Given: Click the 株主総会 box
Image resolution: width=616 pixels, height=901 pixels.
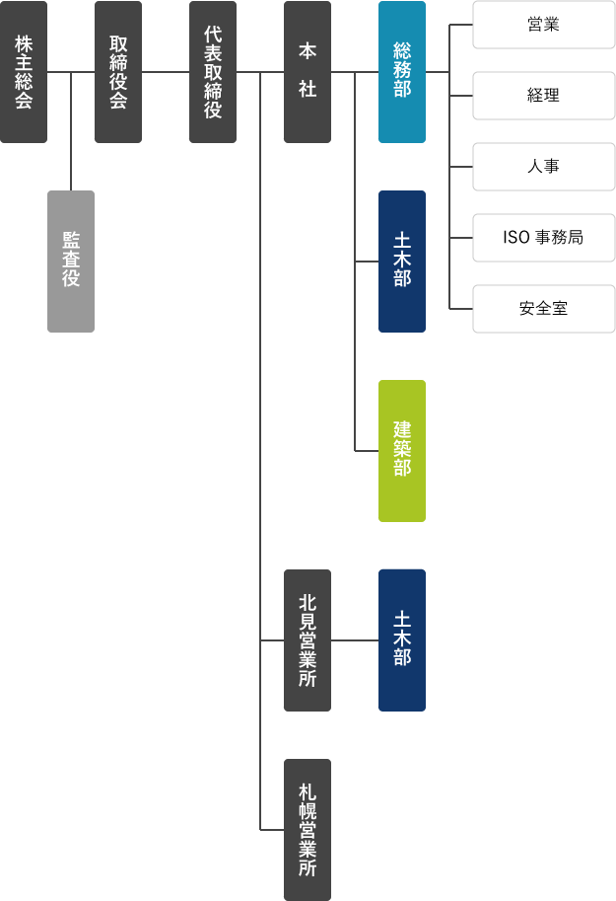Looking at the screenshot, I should coord(24,72).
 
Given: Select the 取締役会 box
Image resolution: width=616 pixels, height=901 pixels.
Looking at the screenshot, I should coord(118,72).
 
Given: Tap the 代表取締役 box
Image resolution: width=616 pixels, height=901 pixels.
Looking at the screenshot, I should coord(213,72).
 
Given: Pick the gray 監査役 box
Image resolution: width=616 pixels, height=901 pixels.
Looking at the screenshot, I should coord(71,262).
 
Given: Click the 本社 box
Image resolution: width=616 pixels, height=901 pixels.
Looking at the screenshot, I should coord(308,72).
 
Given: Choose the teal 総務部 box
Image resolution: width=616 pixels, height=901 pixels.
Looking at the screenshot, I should coord(402,72).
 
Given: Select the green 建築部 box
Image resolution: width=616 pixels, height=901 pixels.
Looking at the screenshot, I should coord(402,451).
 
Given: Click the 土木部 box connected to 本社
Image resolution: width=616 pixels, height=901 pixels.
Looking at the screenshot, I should coord(402,262).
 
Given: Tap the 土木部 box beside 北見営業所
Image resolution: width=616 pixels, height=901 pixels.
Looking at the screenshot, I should coord(402,640).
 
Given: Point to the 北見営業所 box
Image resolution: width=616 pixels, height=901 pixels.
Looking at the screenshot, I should coord(308,640).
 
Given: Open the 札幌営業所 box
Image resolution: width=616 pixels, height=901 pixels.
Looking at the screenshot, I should coord(308,830).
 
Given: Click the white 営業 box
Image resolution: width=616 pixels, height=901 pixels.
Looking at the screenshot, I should coord(544,25).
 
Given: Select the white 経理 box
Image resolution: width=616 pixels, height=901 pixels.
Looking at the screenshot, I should coord(544,96).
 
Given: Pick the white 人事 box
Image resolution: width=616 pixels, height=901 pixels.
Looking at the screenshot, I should coord(544,167).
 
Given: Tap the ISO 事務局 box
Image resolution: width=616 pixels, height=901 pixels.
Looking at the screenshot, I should coord(544,238).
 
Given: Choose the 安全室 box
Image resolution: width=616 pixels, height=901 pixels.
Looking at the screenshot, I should coord(544,309).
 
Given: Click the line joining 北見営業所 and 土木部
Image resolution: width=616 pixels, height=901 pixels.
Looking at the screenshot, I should coord(355,640).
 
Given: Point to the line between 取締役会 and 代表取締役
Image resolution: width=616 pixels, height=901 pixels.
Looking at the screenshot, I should coord(166,72).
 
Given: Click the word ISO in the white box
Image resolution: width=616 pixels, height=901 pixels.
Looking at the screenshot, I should coord(517,238).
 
